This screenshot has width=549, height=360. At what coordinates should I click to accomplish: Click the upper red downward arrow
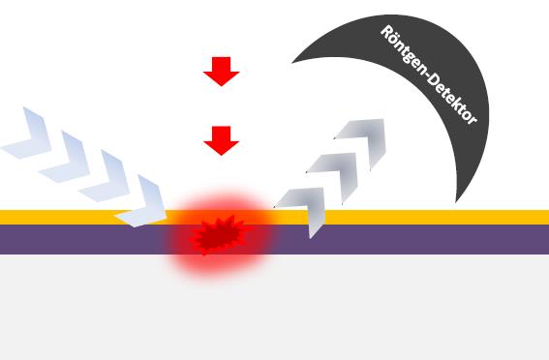222,71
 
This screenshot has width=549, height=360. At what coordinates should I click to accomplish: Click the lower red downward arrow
222,140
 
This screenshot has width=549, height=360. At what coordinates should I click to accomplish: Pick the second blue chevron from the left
68,156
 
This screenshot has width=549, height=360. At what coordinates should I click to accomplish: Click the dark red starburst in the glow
219,235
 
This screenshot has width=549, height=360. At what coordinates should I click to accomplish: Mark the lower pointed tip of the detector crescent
457,200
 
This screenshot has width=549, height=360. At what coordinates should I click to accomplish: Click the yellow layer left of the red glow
58,217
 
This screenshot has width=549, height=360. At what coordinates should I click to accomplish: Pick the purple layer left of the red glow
68,239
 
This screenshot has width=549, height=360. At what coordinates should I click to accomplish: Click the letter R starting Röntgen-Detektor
386,33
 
